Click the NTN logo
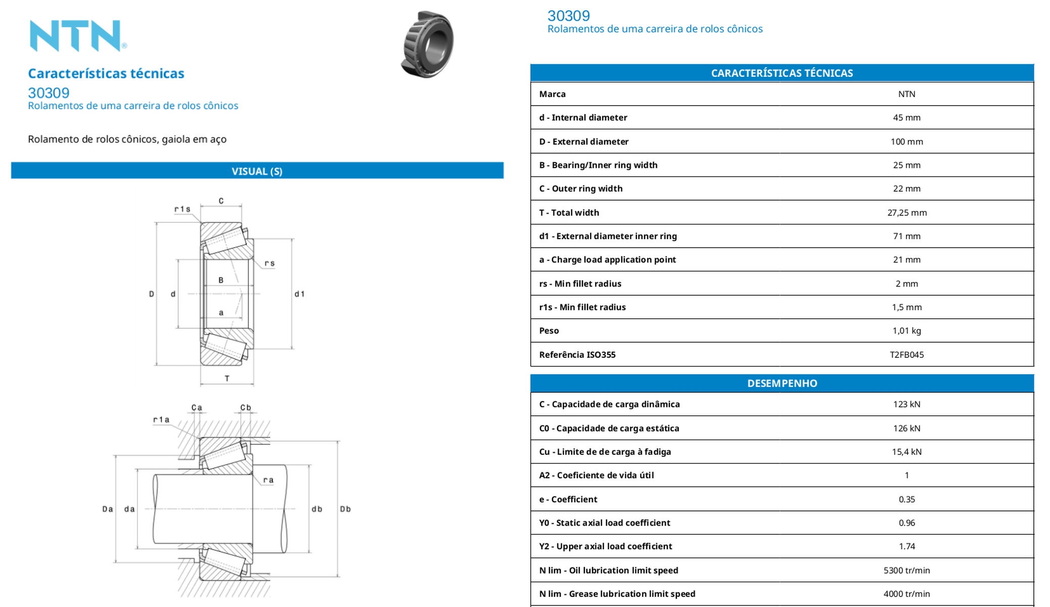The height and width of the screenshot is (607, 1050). pyautogui.click(x=78, y=36)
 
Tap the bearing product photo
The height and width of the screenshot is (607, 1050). pyautogui.click(x=427, y=44)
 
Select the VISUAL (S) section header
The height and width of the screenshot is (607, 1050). pyautogui.click(x=257, y=171)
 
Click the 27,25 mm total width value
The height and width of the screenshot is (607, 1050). pyautogui.click(x=906, y=213)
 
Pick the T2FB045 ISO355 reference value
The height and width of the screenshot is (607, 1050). pyautogui.click(x=906, y=355)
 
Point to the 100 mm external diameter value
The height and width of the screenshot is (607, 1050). pyautogui.click(x=906, y=142)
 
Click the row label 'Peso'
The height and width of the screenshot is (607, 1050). pyautogui.click(x=549, y=331)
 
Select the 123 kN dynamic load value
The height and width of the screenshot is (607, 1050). pyautogui.click(x=906, y=404)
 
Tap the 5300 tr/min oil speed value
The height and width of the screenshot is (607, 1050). pyautogui.click(x=906, y=570)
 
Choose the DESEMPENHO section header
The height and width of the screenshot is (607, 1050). pyautogui.click(x=782, y=383)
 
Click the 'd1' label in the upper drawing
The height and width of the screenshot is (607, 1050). pyautogui.click(x=299, y=294)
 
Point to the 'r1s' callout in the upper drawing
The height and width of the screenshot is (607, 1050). pyautogui.click(x=182, y=209)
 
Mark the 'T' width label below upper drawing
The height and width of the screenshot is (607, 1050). pyautogui.click(x=227, y=378)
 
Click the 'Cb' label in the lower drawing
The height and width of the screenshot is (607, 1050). pyautogui.click(x=246, y=407)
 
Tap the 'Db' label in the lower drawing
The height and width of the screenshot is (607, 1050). pyautogui.click(x=345, y=509)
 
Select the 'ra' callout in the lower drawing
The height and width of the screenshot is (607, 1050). pyautogui.click(x=268, y=480)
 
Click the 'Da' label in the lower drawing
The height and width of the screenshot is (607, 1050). pyautogui.click(x=108, y=509)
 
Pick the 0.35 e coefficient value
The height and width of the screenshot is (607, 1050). pyautogui.click(x=906, y=499)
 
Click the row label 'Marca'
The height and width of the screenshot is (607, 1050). pyautogui.click(x=552, y=94)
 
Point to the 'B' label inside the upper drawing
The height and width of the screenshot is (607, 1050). pyautogui.click(x=221, y=280)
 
